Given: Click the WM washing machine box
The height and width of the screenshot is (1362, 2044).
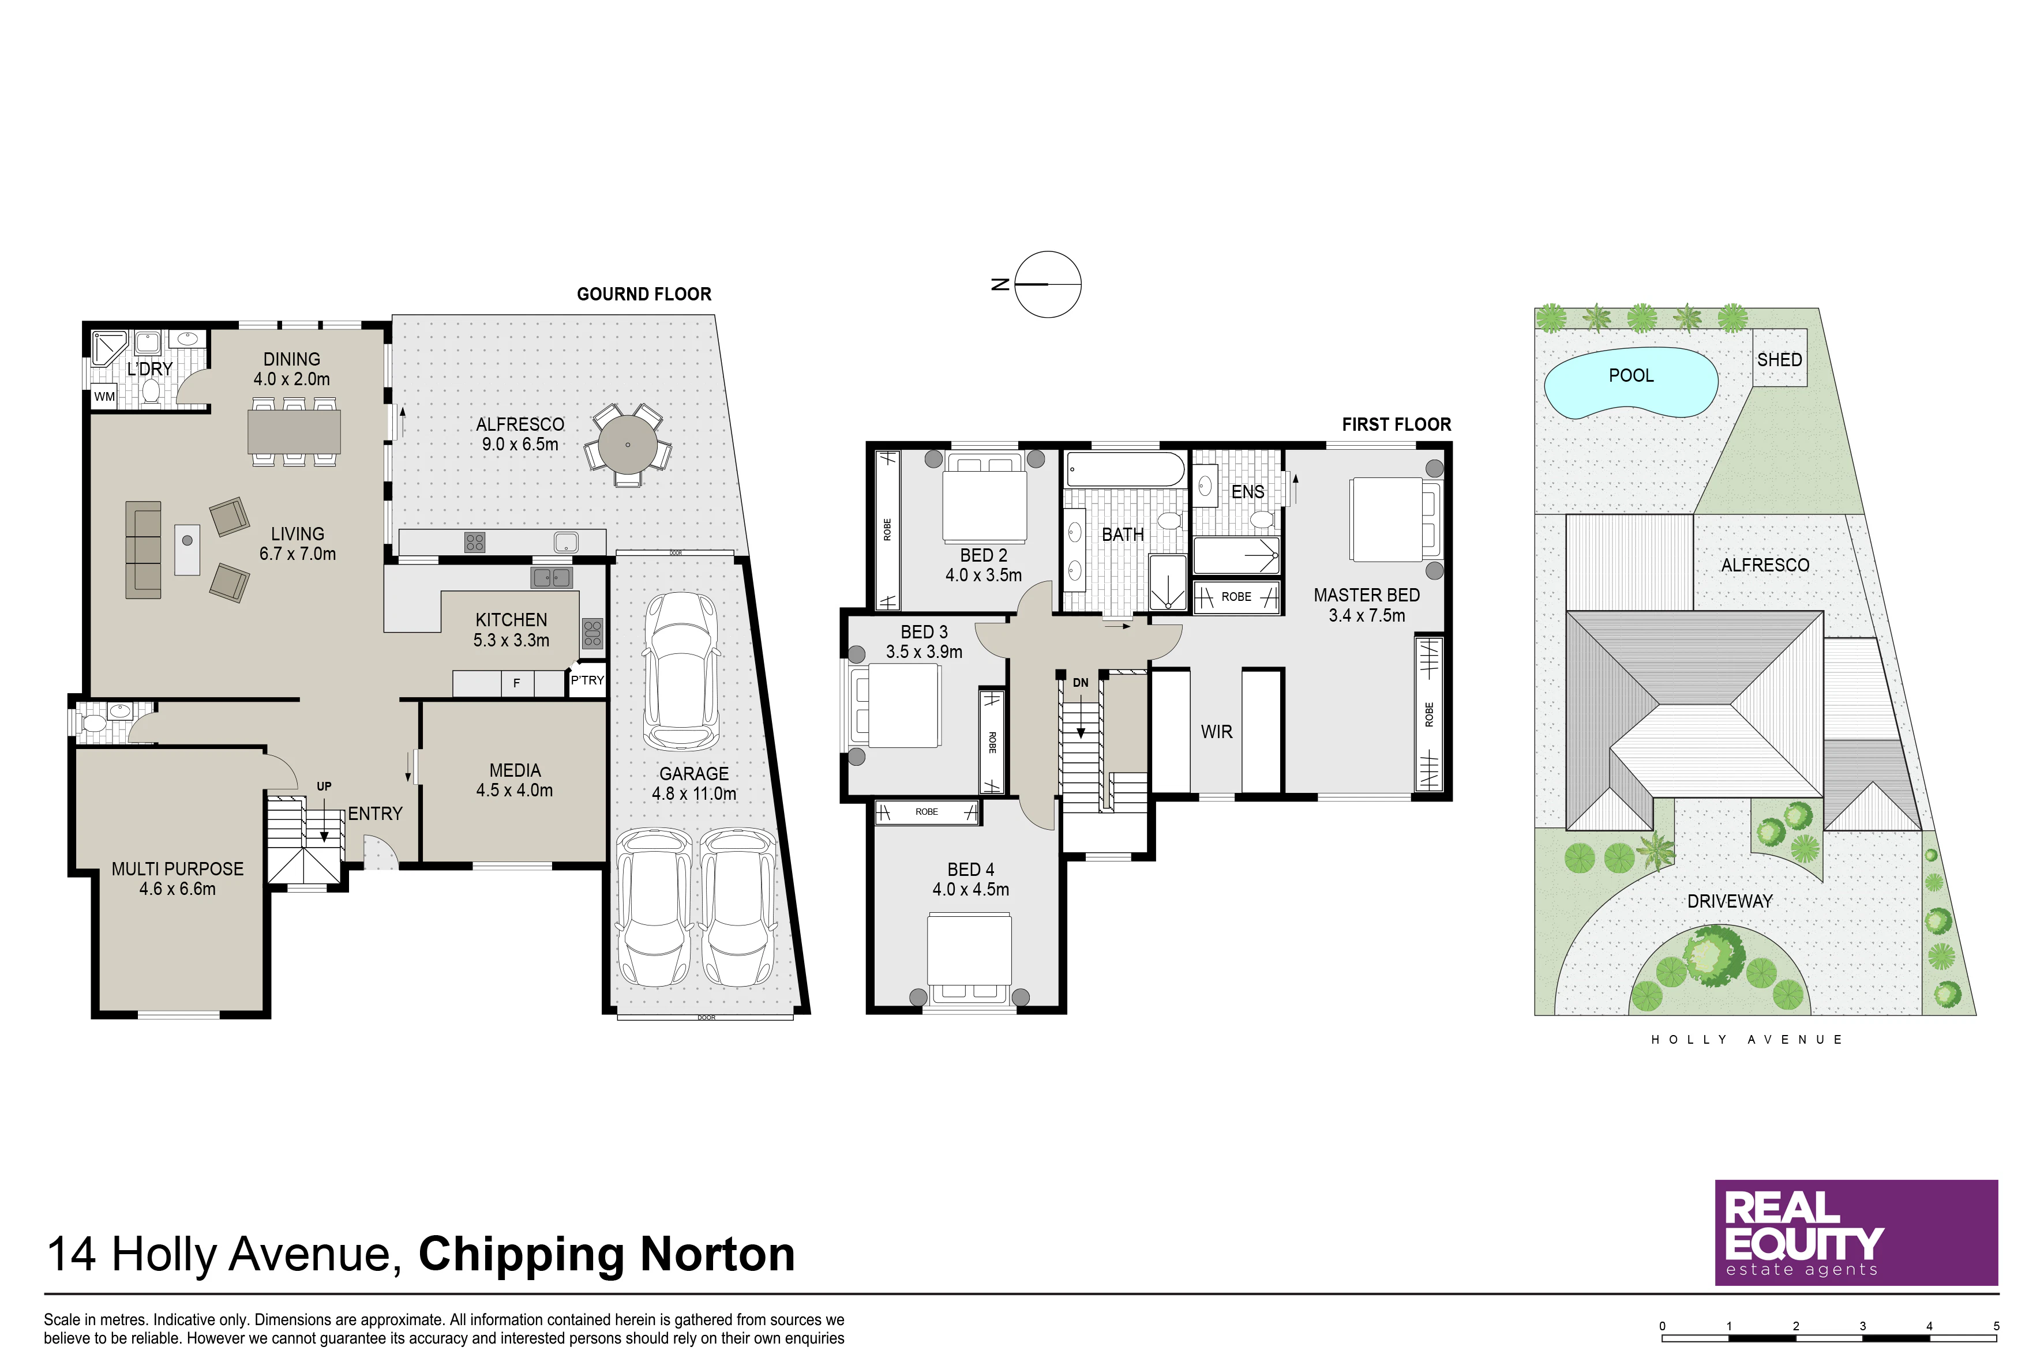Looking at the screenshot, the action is coord(105,397).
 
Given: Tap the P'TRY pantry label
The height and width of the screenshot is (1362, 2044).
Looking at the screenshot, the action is coord(587,680).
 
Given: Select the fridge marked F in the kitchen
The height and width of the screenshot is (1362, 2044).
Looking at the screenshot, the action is coord(517,684).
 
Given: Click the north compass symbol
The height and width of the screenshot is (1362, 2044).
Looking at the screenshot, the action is coord(1038,284).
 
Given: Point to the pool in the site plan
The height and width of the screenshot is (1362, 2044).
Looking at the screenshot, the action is coord(1631,383).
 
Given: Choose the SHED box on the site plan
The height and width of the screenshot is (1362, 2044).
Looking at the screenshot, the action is coord(1780,358).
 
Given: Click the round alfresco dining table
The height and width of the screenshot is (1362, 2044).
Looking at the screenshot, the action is coord(628,445).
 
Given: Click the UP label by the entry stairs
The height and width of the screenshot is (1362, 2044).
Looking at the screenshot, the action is coord(324,786).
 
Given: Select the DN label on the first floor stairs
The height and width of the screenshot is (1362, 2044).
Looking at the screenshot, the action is coord(1080,683).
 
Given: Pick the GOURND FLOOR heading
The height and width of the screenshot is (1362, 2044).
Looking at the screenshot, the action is coord(644,295).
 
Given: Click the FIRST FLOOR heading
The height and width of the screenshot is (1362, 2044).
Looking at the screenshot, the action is coord(1397,425).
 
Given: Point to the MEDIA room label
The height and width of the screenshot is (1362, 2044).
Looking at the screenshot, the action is coord(515,770).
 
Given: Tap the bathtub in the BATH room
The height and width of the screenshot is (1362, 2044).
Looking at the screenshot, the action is coord(1126,469).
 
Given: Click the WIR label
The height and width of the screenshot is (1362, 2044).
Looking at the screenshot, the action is coord(1217,732).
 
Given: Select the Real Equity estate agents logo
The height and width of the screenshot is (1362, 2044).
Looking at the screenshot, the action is coord(1857,1233).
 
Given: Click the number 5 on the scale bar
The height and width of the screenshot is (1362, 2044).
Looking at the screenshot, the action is coord(1996,1326).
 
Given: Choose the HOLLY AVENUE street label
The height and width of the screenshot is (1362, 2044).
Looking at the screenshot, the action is coord(1747,1039).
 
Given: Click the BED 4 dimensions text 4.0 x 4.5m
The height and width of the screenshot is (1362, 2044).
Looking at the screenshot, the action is coord(971,890).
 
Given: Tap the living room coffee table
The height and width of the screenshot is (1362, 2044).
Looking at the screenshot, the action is coord(187,549).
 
